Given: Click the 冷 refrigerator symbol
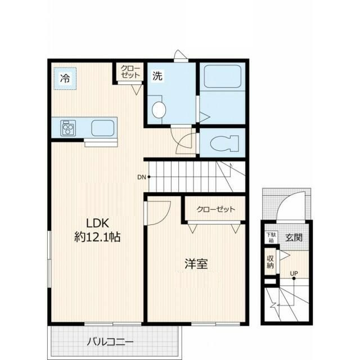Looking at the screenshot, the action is pyautogui.click(x=65, y=79).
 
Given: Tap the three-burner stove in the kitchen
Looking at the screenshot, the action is pyautogui.click(x=68, y=128).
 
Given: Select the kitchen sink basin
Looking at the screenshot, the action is pyautogui.click(x=102, y=128).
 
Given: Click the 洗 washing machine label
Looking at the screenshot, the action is pyautogui.click(x=157, y=76).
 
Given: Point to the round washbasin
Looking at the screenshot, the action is pyautogui.click(x=159, y=110).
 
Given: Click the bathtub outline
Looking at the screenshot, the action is pyautogui.click(x=223, y=76).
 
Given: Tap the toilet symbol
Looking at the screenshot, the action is pyautogui.click(x=224, y=143).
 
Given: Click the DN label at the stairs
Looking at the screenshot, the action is pyautogui.click(x=141, y=177).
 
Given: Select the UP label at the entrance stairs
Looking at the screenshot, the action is pyautogui.click(x=294, y=273).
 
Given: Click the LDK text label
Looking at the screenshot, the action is pyautogui.click(x=97, y=223).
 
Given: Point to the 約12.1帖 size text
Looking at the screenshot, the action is pyautogui.click(x=97, y=237).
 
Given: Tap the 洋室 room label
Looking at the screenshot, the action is pyautogui.click(x=196, y=264).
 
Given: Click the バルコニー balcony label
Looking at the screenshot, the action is pyautogui.click(x=110, y=342).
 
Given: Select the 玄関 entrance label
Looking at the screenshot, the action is pyautogui.click(x=294, y=237).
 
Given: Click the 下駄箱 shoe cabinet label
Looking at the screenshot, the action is pyautogui.click(x=271, y=237).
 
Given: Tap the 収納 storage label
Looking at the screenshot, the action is pyautogui.click(x=270, y=262).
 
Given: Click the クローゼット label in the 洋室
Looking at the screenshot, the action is pyautogui.click(x=216, y=209).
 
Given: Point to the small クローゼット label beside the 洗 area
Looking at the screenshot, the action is pyautogui.click(x=130, y=72).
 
